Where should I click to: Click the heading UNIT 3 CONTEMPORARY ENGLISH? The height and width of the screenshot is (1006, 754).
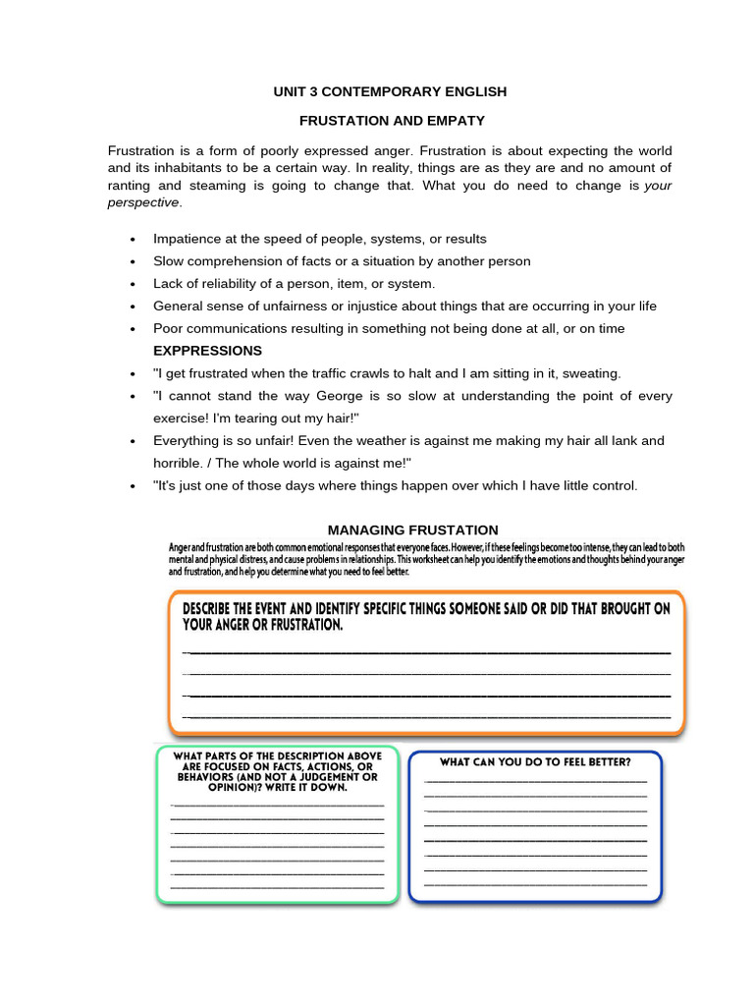[390, 91]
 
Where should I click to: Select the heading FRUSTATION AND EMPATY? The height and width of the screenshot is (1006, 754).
[392, 121]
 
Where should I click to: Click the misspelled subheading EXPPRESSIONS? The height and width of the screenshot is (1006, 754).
[207, 351]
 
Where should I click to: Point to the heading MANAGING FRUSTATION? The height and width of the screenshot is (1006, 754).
[412, 530]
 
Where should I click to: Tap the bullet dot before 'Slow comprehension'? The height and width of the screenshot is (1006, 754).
[133, 262]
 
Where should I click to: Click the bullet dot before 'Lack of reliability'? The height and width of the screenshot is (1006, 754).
[133, 285]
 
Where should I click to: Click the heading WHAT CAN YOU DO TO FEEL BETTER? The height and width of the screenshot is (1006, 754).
[535, 761]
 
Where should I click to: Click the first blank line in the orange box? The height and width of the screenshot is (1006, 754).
[427, 652]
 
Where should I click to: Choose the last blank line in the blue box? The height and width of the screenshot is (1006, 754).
[535, 884]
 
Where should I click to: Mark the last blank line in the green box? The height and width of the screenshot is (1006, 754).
[277, 887]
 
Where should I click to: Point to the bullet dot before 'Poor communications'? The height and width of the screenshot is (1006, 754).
[133, 329]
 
